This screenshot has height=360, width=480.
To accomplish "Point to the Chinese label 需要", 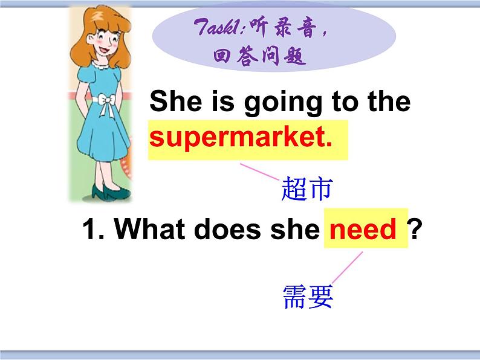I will (308, 297).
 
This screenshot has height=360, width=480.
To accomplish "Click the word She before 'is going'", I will (175, 102).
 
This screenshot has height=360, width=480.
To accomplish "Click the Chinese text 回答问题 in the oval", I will (260, 57).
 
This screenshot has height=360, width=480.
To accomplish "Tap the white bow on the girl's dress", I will (109, 103).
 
